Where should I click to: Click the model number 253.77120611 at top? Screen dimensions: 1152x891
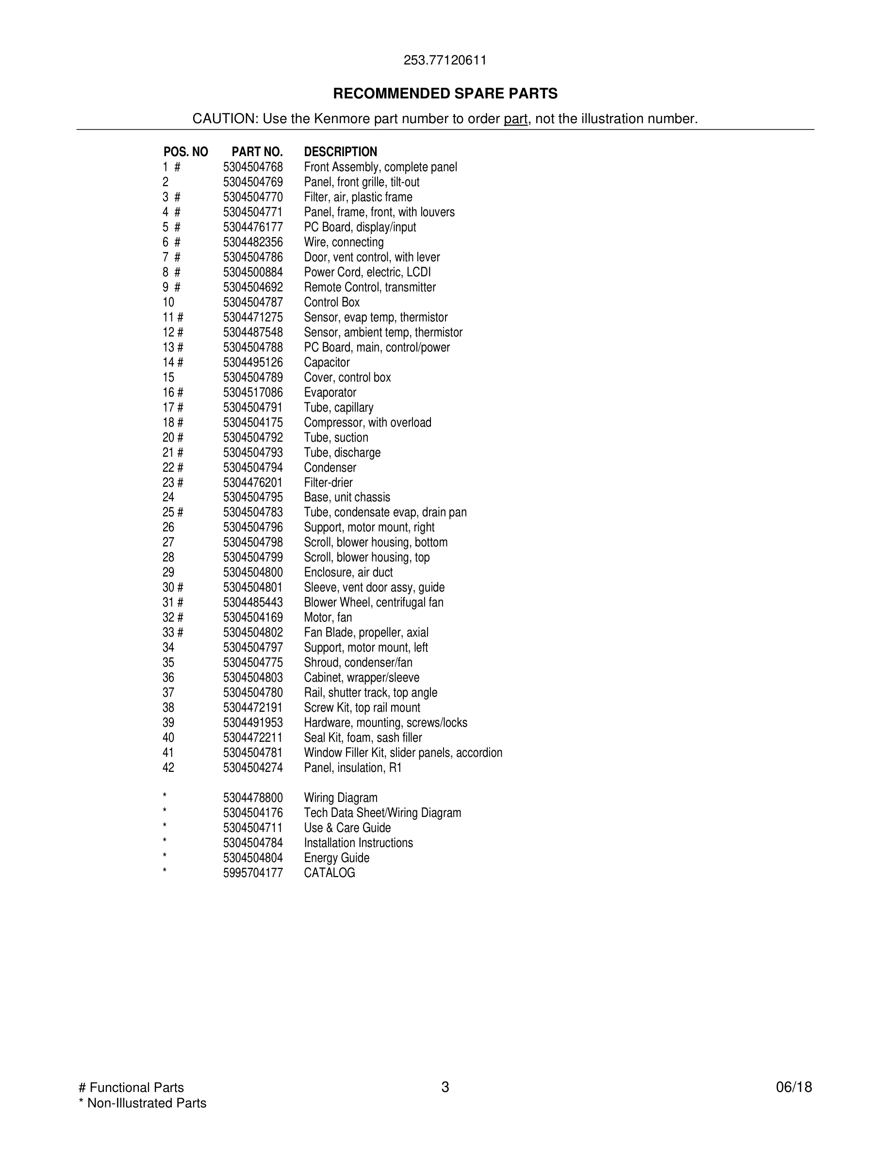coord(445,60)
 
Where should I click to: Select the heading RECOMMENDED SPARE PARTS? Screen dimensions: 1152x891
coord(445,94)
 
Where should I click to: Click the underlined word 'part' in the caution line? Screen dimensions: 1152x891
coord(515,119)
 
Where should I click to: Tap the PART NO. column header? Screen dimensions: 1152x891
coord(257,152)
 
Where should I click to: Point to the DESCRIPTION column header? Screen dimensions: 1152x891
coord(341,152)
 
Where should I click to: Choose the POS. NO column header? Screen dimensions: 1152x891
coord(185,152)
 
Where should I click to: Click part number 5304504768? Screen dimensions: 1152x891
coord(253,167)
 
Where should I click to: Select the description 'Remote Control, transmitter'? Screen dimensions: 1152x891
coord(369,288)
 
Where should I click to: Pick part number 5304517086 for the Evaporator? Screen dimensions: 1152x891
coord(253,392)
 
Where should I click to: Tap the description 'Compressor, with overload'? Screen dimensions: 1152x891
coord(367,422)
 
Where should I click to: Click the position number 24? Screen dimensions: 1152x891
coord(168,497)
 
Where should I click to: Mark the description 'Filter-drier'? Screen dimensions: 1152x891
coord(328,482)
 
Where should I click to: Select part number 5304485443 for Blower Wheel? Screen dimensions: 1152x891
coord(253,602)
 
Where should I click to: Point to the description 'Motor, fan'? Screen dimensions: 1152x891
coord(328,618)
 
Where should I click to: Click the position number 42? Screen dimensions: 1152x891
coord(168,768)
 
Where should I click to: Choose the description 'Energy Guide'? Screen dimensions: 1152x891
coord(336,858)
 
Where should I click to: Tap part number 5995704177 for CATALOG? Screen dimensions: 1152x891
coord(253,873)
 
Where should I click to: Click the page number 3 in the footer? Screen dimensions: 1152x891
coord(445,1087)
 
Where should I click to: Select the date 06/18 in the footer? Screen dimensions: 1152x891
coord(793,1087)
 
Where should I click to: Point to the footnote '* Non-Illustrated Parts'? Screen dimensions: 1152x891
coord(143,1103)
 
